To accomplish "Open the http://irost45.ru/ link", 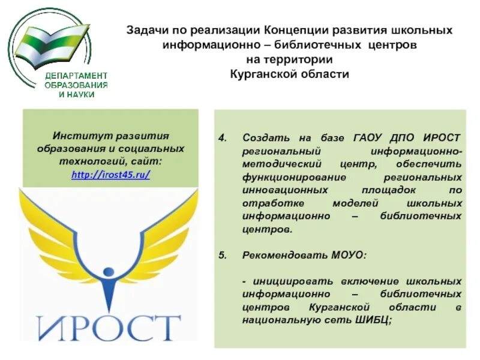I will click(110, 175).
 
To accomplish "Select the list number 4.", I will click(222, 137).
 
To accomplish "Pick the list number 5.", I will click(222, 255).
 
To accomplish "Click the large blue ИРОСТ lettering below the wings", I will click(109, 327).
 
